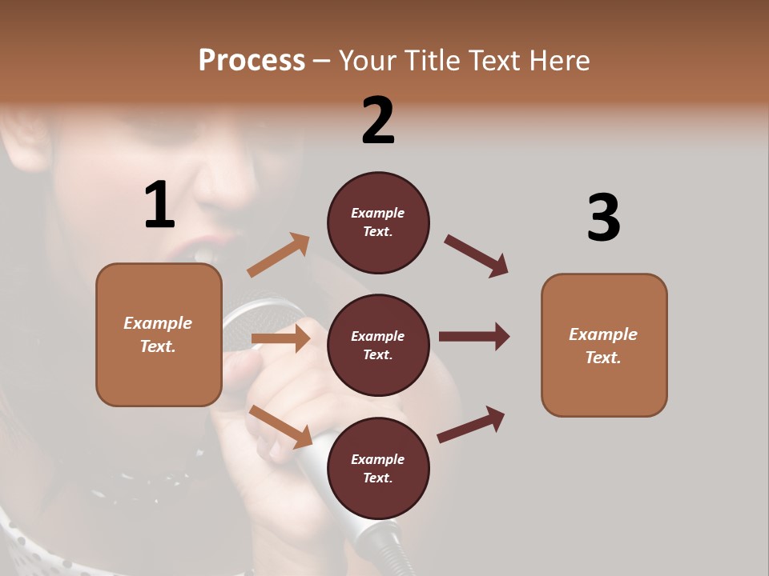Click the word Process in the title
click(x=252, y=61)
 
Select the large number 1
click(x=159, y=205)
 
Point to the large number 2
click(x=378, y=120)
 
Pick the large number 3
click(x=603, y=218)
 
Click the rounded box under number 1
click(x=159, y=334)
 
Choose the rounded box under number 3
click(x=604, y=345)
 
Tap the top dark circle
click(x=378, y=222)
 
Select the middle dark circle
click(x=378, y=345)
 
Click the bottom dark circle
click(x=378, y=468)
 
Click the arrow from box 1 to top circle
click(x=278, y=255)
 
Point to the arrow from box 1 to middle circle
click(x=280, y=338)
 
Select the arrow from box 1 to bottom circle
click(x=280, y=426)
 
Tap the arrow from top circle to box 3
click(x=476, y=255)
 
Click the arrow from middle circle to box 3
click(x=473, y=336)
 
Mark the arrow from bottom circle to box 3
click(x=471, y=424)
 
